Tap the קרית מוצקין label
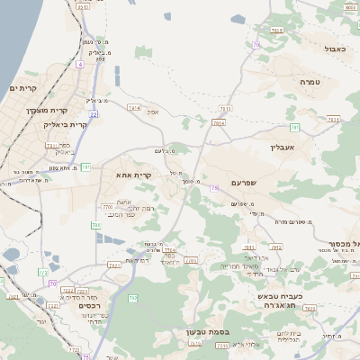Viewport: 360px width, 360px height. coord(46,110)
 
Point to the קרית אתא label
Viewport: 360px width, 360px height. coord(133,175)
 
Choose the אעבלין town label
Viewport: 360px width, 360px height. coord(283,147)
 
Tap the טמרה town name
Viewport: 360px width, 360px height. coord(310,82)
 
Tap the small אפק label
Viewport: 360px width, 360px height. coord(152,112)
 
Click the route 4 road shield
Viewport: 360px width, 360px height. coord(79,65)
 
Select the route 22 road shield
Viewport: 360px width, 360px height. coord(94,114)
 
